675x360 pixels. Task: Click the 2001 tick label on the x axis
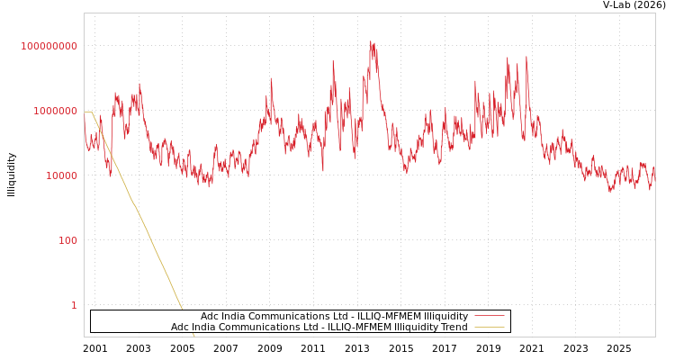coord(94,348)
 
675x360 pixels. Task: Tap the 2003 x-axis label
coord(139,348)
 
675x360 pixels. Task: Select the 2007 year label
coord(226,348)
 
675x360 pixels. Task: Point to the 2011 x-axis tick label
coord(313,348)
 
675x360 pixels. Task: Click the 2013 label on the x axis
coord(357,348)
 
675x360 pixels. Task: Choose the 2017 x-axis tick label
coord(445,348)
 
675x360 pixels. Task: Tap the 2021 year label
coord(532,348)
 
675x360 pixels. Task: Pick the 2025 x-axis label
coord(619,348)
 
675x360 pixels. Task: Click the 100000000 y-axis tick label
coord(49,46)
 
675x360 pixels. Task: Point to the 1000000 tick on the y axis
coord(56,111)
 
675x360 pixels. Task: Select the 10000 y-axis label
coord(62,175)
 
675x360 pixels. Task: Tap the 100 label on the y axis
coord(68,240)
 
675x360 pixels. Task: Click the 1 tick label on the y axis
coord(74,305)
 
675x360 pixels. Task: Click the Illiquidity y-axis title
coord(11,175)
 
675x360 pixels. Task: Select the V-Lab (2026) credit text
coord(634,4)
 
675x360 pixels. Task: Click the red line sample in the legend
coord(490,316)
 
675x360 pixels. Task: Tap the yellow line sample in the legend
coord(490,327)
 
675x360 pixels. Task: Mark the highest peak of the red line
coord(370,41)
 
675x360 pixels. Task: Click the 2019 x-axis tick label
coord(488,348)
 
